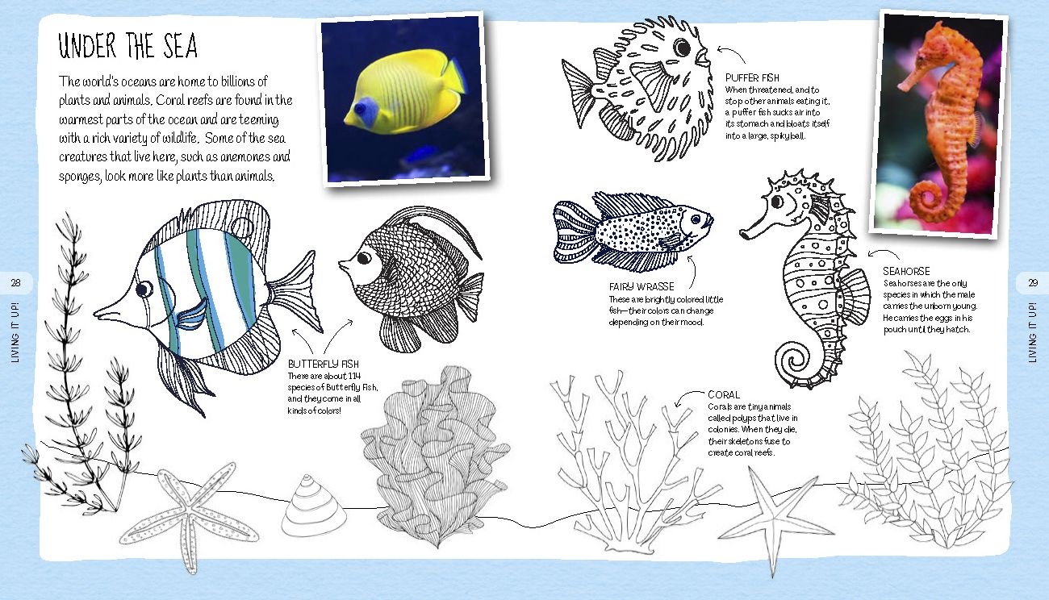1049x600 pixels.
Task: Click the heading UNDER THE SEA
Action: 127,46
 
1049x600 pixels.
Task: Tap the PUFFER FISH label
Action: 752,78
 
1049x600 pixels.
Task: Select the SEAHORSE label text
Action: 906,272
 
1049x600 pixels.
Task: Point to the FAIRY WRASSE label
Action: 642,287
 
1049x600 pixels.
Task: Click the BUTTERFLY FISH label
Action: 323,365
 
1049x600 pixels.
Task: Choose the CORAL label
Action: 724,395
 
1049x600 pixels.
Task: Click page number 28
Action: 16,283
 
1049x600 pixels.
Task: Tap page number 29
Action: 1033,283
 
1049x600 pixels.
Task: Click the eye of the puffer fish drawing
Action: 682,48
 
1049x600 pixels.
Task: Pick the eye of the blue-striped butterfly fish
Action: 144,289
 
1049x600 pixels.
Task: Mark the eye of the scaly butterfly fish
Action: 364,257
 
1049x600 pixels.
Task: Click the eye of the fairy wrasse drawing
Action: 696,219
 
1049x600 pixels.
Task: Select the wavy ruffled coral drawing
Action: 435,456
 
